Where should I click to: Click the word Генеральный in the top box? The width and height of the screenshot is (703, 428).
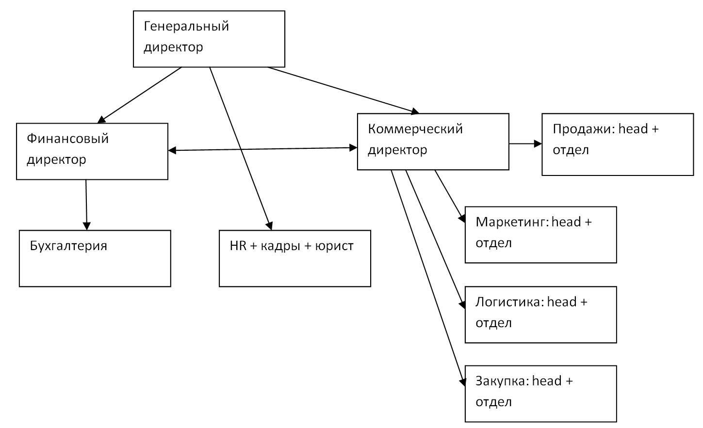click(x=186, y=26)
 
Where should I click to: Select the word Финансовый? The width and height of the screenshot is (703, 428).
click(x=67, y=139)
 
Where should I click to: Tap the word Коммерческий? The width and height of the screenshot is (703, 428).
click(x=415, y=129)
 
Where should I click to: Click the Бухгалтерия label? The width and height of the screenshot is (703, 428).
click(x=68, y=246)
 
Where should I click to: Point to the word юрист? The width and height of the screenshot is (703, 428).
click(x=334, y=246)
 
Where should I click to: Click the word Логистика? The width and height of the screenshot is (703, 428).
click(x=509, y=302)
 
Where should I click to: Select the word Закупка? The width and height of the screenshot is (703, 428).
click(x=501, y=381)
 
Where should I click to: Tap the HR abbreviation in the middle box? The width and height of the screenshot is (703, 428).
click(x=238, y=246)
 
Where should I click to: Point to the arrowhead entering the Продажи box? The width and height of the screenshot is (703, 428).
click(x=538, y=144)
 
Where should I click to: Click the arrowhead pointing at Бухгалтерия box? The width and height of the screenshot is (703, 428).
click(x=87, y=226)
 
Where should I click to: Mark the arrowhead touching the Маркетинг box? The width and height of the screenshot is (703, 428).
click(x=461, y=219)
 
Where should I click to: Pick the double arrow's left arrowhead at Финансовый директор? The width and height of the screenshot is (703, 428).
click(x=172, y=151)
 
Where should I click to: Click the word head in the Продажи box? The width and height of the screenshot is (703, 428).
click(x=633, y=129)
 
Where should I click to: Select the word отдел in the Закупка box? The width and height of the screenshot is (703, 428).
click(x=493, y=402)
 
